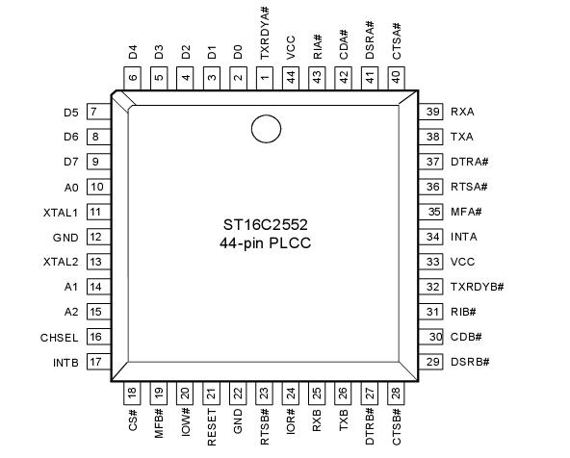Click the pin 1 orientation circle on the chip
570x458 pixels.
pos(265,127)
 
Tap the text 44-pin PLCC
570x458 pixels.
pos(265,243)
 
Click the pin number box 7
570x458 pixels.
pos(96,112)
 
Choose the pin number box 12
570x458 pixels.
pos(96,237)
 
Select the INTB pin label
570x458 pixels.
pos(63,362)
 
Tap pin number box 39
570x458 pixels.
pos(431,112)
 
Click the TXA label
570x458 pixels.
pos(461,137)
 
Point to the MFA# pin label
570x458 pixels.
pos(466,212)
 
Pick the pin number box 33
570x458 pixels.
pos(431,262)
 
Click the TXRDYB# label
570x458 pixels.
pos(477,287)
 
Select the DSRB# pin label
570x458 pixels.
pos(470,362)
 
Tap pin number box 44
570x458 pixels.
pos(290,76)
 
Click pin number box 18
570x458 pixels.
pos(133,392)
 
